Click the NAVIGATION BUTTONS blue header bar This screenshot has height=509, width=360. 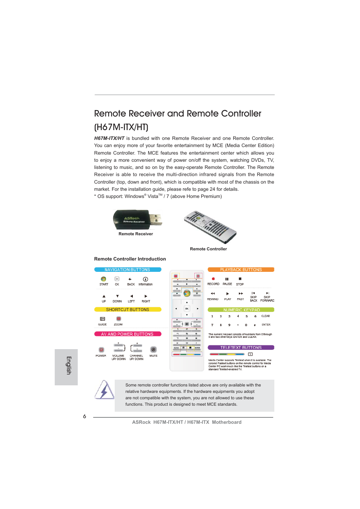128,270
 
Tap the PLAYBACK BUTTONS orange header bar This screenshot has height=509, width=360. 241,270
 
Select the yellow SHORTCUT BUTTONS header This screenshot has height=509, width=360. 128,310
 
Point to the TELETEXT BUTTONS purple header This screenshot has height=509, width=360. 241,348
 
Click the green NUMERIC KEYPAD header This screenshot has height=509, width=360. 241,310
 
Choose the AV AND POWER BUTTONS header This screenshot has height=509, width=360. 128,334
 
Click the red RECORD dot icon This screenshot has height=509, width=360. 213,279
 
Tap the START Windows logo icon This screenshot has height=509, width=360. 103,279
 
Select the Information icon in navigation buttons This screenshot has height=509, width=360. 145,279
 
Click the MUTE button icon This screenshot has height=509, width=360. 153,350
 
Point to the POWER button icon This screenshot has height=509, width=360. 101,350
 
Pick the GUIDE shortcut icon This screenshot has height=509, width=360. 102,319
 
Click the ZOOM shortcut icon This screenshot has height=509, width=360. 118,319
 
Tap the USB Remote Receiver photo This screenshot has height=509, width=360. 137,219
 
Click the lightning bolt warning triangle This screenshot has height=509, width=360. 104,390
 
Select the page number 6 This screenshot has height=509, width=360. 85,416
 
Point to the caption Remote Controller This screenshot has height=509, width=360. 208,249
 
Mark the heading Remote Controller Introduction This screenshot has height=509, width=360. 130,259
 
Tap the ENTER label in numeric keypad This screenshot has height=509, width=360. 266,325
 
